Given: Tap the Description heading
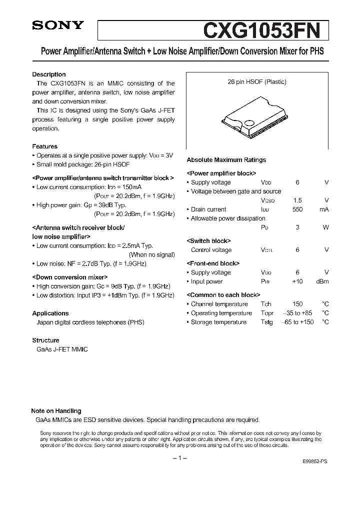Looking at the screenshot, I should [48, 74].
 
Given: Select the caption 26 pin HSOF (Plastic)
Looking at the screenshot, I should [257, 82].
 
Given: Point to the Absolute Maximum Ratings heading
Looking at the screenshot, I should [226, 160].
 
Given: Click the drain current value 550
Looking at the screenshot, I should [297, 209].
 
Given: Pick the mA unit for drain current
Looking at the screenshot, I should [324, 209].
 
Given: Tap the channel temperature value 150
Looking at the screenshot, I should [297, 304].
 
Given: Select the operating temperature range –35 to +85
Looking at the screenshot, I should [297, 313].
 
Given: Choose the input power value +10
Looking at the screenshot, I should [297, 281].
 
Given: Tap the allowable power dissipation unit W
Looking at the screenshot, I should [325, 227].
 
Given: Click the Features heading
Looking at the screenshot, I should [44, 146].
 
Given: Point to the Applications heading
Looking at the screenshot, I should [50, 313].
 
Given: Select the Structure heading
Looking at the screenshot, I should [45, 340].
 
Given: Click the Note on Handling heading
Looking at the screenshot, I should [56, 411].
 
